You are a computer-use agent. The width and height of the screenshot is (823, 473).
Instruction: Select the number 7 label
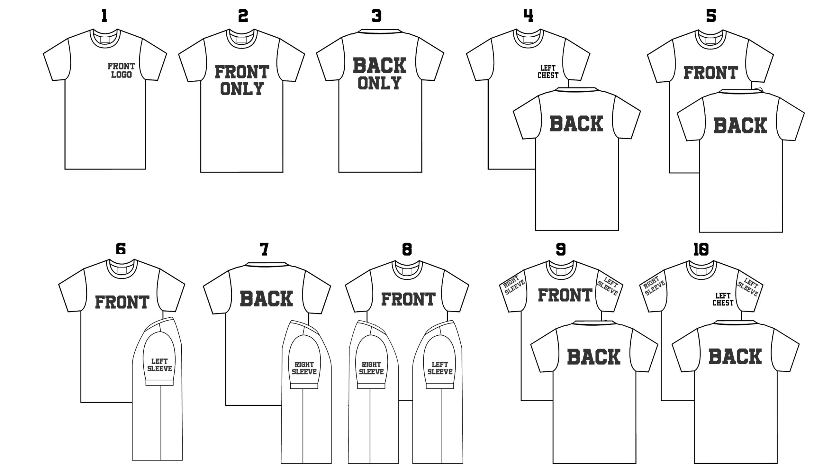point(264,249)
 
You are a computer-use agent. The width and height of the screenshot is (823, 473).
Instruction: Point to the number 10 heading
point(701,249)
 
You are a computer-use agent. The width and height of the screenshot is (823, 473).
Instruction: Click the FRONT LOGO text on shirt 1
point(122,70)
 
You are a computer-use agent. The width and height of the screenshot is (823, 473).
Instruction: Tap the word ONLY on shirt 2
point(242,89)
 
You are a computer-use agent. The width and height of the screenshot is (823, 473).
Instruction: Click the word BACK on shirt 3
point(380,66)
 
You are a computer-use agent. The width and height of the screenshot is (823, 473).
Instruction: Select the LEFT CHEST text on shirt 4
point(548,71)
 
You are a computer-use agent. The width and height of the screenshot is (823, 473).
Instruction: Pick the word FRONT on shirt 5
point(710,73)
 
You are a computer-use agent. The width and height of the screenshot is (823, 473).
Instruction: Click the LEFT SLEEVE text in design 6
point(159,365)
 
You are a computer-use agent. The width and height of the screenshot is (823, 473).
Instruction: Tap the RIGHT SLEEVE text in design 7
point(304,368)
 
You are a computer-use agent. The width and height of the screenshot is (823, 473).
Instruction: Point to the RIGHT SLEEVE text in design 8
point(371,368)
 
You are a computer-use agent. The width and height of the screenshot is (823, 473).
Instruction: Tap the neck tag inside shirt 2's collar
point(242,40)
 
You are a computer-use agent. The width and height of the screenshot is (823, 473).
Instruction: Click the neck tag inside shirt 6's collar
point(122,270)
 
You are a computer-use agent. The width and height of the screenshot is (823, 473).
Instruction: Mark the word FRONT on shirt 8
point(408,299)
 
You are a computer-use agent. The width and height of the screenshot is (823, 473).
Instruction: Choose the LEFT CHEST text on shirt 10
point(723,299)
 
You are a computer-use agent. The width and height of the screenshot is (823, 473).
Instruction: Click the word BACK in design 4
point(576,124)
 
